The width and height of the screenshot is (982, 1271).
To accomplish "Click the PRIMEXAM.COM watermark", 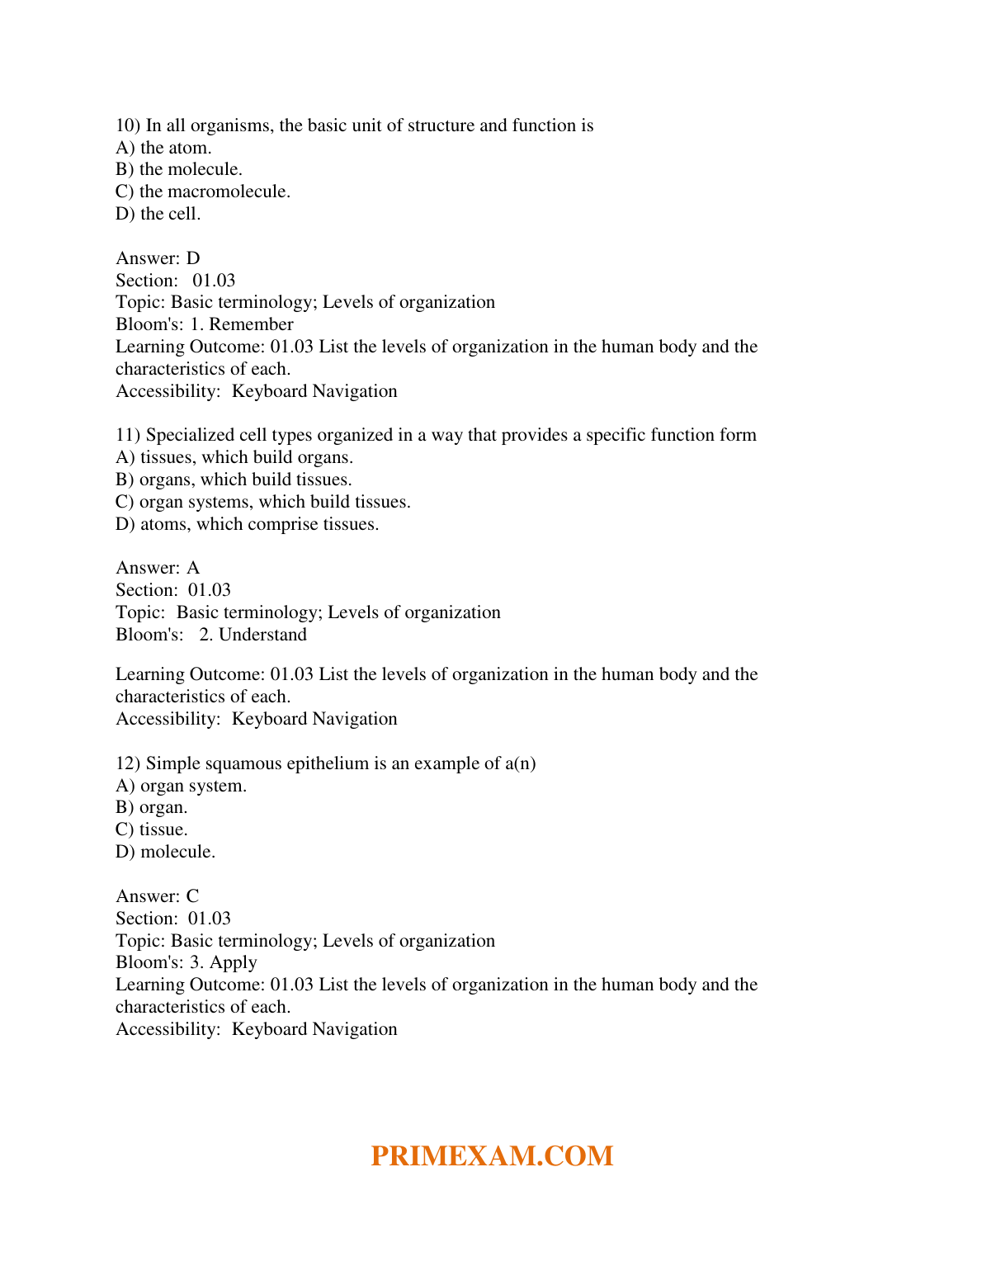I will [492, 1155].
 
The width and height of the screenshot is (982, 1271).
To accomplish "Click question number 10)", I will [128, 125].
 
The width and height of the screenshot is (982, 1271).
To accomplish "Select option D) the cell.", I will [158, 214].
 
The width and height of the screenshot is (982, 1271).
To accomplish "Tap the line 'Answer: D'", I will [158, 258].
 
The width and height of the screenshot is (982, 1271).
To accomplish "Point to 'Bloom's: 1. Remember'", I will [205, 324].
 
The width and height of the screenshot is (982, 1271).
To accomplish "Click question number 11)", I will [128, 435].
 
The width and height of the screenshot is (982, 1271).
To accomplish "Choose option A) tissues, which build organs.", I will [234, 457].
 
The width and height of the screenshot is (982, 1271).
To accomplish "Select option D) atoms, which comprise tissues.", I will [248, 524].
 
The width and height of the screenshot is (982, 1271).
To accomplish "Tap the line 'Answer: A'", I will [158, 568].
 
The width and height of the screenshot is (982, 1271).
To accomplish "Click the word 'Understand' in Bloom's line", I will [262, 635].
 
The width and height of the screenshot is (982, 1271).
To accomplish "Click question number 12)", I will [128, 763].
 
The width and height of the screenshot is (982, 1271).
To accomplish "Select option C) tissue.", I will [152, 829].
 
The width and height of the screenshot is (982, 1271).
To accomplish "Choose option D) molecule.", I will [166, 852].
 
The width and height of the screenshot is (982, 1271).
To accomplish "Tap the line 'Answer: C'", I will [158, 896].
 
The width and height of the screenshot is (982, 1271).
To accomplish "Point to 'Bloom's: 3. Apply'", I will [186, 962].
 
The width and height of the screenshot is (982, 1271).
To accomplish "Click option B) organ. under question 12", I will [152, 807].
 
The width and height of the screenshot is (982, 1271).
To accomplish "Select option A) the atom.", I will [163, 148].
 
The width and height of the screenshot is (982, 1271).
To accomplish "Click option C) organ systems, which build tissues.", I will [263, 502].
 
